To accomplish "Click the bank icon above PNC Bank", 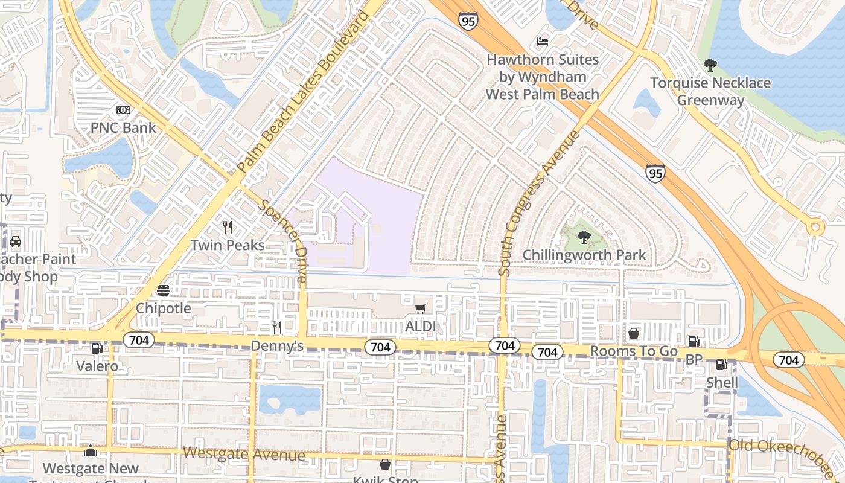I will click(123, 110).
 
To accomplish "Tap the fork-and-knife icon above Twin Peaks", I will click(228, 228).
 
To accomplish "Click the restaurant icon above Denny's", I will click(277, 328).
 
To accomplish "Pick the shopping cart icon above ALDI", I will click(421, 309).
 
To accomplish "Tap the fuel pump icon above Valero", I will click(97, 348).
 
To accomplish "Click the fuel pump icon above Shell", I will click(721, 365).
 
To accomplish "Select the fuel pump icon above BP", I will click(694, 342).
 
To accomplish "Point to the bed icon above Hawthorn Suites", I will click(543, 42).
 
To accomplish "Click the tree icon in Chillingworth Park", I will click(583, 237).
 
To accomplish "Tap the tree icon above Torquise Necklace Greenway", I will click(710, 65).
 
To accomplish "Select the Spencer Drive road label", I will click(284, 241).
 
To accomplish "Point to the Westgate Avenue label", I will click(244, 453).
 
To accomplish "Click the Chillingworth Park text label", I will click(584, 255).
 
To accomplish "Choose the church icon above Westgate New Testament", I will click(91, 451).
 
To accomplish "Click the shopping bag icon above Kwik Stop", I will click(384, 464).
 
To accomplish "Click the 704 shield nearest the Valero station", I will click(139, 341).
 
